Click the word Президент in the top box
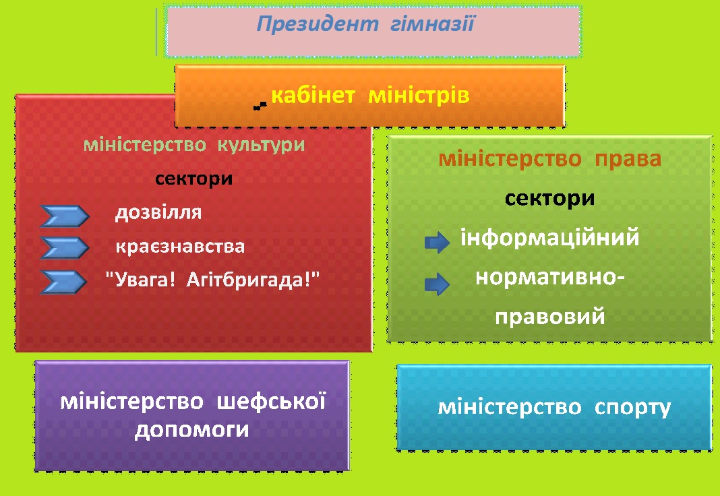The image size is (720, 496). pyautogui.click(x=318, y=24)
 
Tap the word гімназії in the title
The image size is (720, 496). pyautogui.click(x=432, y=24)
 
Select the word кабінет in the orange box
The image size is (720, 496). pyautogui.click(x=313, y=96)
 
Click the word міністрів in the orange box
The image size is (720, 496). pyautogui.click(x=419, y=96)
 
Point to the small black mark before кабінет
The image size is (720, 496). pyautogui.click(x=260, y=106)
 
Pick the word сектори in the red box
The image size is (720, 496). pyautogui.click(x=193, y=179)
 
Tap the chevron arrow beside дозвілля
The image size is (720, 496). pyautogui.click(x=64, y=216)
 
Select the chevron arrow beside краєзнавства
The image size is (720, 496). pyautogui.click(x=64, y=248)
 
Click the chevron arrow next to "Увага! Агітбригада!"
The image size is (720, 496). pyautogui.click(x=63, y=282)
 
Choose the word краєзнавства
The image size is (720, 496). pyautogui.click(x=180, y=247)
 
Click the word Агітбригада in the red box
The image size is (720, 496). pyautogui.click(x=249, y=280)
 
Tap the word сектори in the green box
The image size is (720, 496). pyautogui.click(x=549, y=199)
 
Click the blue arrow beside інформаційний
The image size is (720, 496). pyautogui.click(x=437, y=242)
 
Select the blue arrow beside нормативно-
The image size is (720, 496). pyautogui.click(x=437, y=284)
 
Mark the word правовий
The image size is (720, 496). pyautogui.click(x=549, y=317)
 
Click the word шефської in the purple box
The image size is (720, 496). pyautogui.click(x=271, y=402)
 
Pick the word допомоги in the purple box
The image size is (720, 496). pyautogui.click(x=192, y=431)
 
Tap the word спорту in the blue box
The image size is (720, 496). pyautogui.click(x=633, y=408)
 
